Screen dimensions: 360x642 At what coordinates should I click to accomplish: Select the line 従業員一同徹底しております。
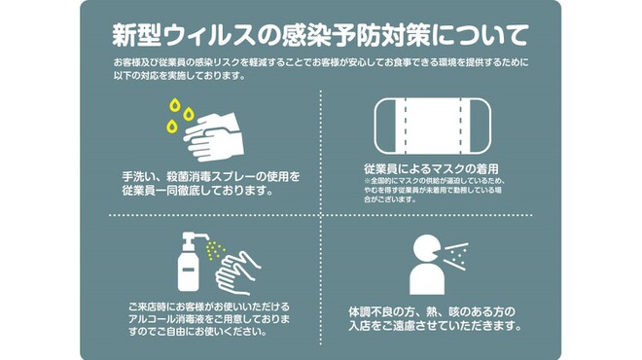coord(195,191)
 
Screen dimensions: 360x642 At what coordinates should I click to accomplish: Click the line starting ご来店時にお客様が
coord(209,306)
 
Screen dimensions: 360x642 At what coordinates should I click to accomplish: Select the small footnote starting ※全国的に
coord(433,181)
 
